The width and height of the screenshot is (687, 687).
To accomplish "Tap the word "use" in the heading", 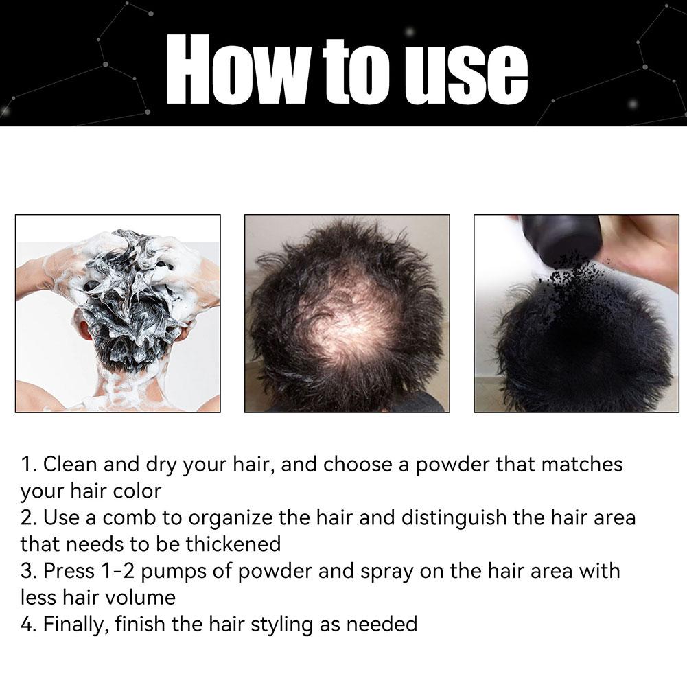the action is point(466,75).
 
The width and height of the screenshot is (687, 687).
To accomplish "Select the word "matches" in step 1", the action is point(581,465).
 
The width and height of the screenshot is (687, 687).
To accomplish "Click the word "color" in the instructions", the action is point(137,491).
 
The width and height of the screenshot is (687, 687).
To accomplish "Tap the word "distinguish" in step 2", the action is point(454,519).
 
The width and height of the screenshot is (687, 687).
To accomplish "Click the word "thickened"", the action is point(233,545).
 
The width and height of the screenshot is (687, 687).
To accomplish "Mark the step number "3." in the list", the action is point(29,571).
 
